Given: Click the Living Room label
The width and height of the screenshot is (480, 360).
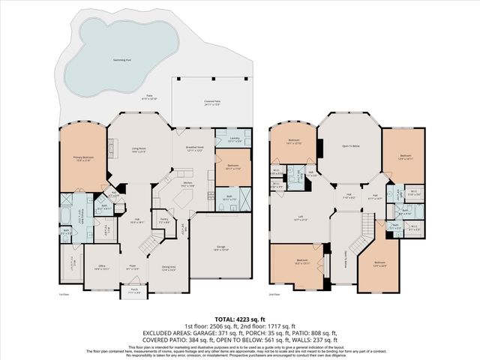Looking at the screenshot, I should [x=139, y=150].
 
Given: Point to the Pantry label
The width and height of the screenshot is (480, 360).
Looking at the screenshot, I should [x=163, y=220].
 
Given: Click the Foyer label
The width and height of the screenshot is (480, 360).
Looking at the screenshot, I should [x=131, y=265].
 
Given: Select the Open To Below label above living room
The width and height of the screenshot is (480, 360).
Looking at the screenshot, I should [x=350, y=146].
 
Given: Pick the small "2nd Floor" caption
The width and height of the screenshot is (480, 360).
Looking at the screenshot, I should [x=274, y=294].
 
